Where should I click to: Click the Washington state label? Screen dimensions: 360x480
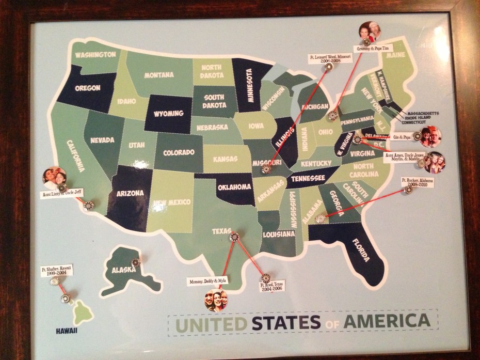(94, 54)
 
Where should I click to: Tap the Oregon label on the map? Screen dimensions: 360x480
(87, 88)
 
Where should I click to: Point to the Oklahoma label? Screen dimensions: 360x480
(234, 187)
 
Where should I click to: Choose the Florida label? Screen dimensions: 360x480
(361, 248)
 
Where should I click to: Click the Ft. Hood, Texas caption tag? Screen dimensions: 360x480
(271, 288)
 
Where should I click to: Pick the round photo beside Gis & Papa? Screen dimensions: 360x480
(431, 138)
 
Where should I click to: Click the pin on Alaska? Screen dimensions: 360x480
(136, 263)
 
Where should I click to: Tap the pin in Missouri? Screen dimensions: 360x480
(266, 168)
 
